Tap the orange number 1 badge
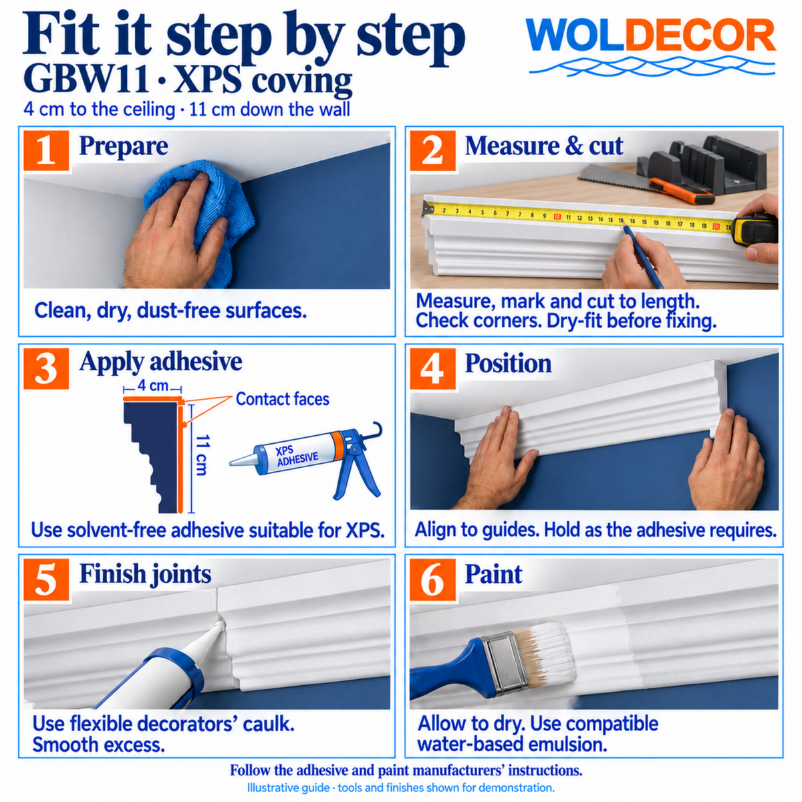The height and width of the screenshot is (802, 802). (x=46, y=150)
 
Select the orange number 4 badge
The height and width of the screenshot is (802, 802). (x=432, y=369)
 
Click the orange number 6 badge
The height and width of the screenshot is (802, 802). (x=432, y=579)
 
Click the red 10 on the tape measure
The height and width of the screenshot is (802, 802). (x=557, y=217)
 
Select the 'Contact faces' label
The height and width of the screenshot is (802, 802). (x=283, y=399)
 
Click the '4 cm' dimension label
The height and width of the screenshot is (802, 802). (x=153, y=386)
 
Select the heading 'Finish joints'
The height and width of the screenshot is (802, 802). (x=145, y=574)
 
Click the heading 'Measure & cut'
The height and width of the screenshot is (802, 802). (x=543, y=146)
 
